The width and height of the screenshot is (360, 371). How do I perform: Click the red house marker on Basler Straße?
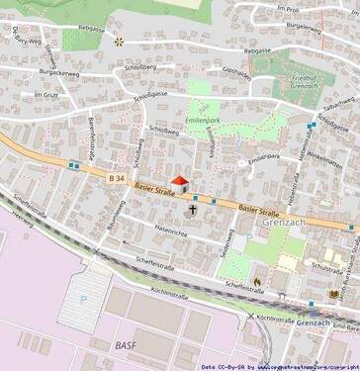pos(179,183)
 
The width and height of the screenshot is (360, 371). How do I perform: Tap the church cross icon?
pos(195,210)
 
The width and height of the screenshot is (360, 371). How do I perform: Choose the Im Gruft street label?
pos(46,95)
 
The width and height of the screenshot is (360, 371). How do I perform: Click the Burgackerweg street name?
pos(57,71)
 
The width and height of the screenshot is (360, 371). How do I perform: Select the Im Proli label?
pos(288,8)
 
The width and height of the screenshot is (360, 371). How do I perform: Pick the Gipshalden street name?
pos(237,72)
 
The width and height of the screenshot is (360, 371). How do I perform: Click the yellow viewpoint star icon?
pos(120,42)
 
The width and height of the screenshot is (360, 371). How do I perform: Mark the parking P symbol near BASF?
pos(83,298)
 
